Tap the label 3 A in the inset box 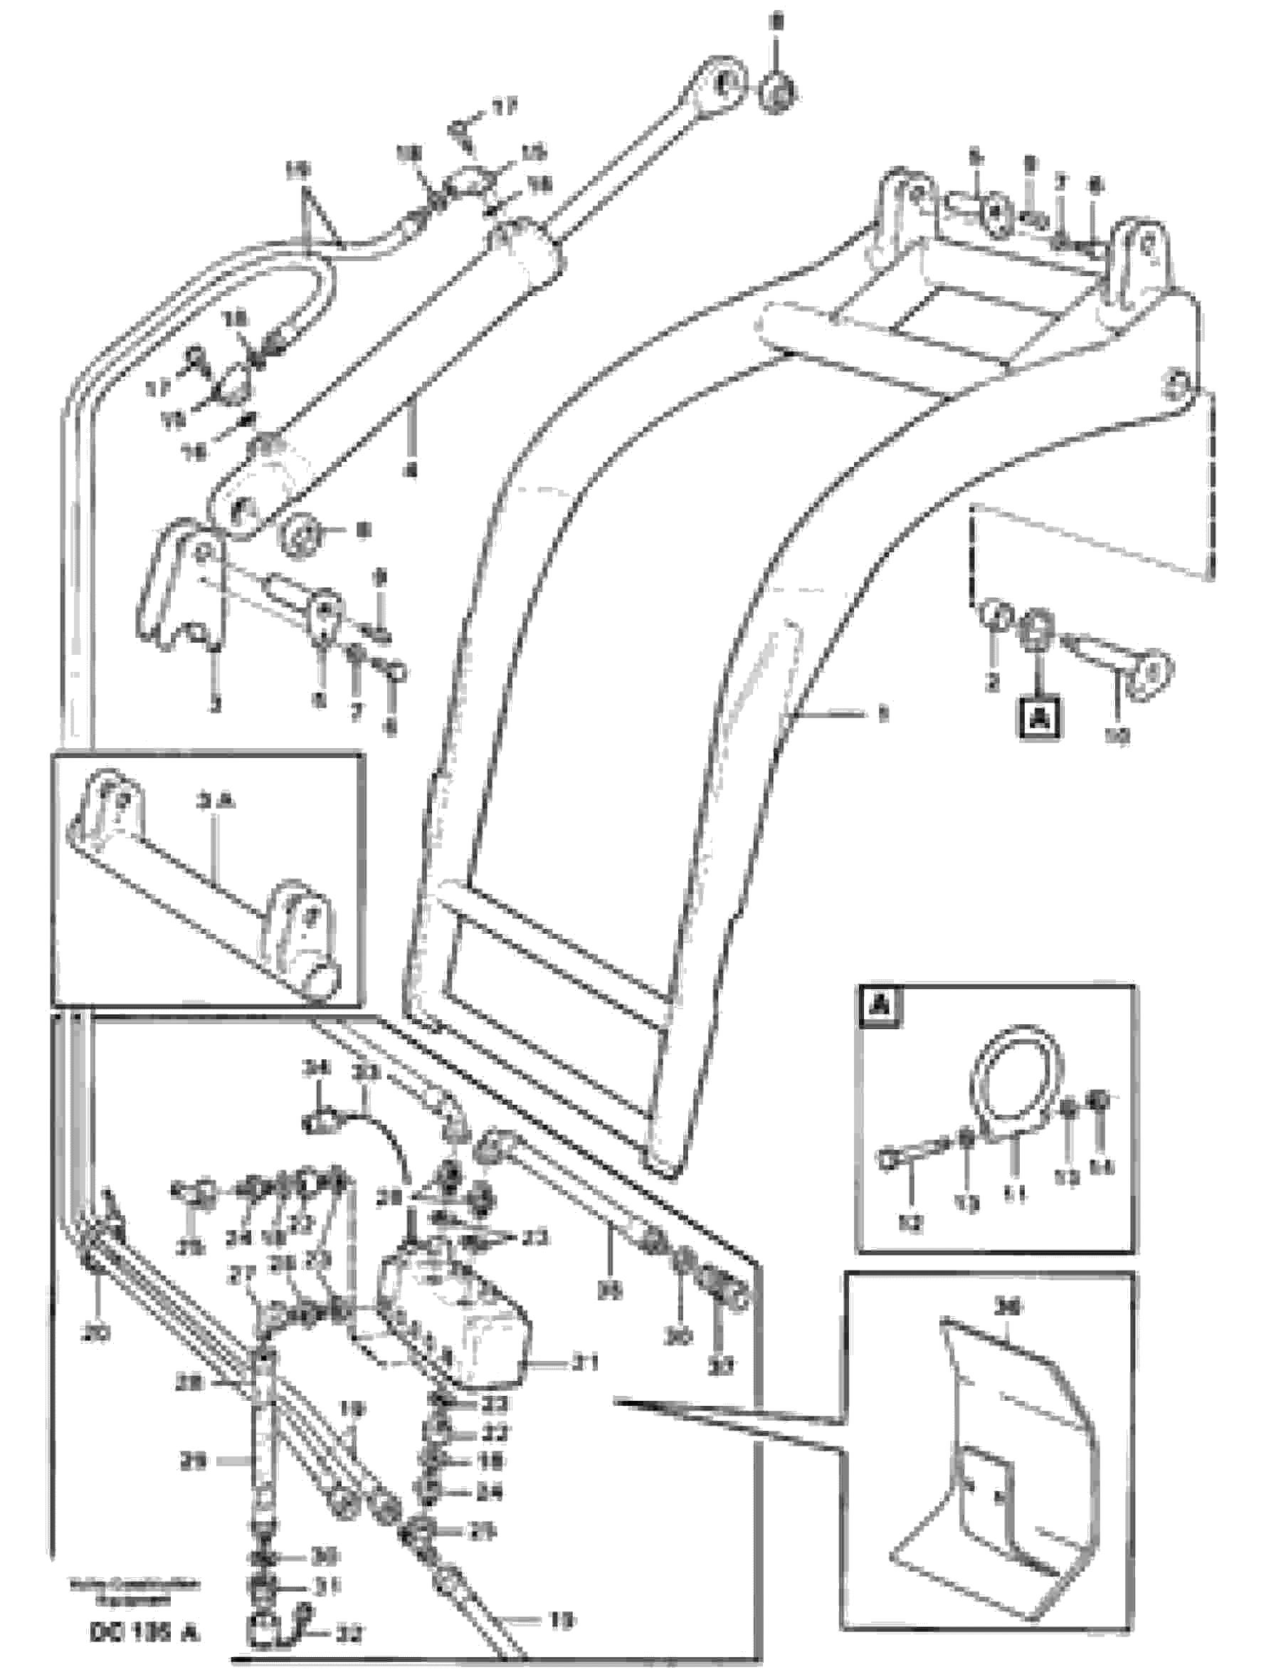[x=216, y=802]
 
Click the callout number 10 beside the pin [x=1117, y=736]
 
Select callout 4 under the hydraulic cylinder [x=411, y=472]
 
